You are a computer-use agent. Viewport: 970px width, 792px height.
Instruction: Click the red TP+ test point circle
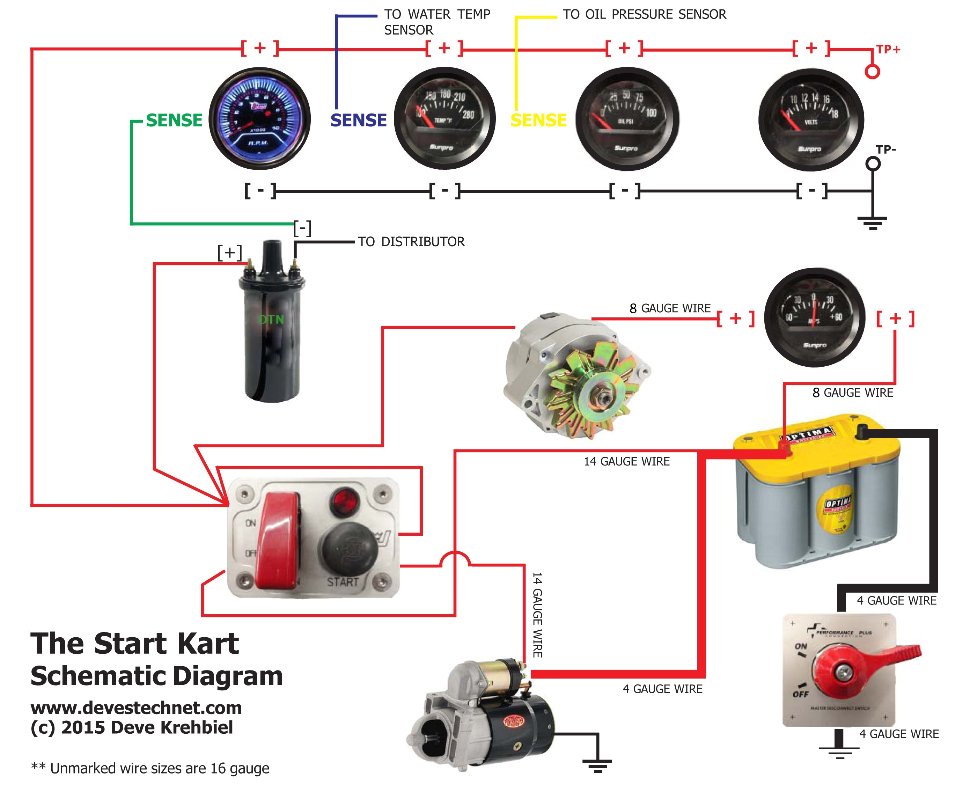click(872, 72)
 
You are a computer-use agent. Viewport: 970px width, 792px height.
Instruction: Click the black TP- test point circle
click(873, 164)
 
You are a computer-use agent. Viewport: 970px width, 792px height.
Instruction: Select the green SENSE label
click(174, 120)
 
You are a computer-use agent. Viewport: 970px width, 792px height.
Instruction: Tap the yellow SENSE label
click(538, 120)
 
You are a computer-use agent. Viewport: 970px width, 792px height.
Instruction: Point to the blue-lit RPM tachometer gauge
click(259, 119)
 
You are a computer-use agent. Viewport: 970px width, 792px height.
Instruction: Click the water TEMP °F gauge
click(444, 119)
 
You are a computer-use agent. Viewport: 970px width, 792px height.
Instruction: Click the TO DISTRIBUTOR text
click(411, 242)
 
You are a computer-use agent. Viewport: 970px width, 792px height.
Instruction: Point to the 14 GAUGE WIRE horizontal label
click(626, 462)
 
